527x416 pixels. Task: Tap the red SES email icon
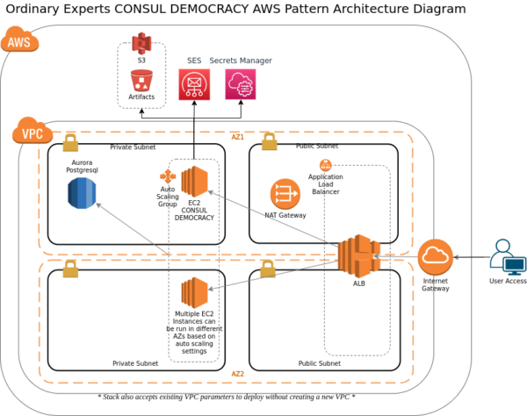pyautogui.click(x=194, y=85)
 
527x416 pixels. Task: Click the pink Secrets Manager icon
pyautogui.click(x=240, y=85)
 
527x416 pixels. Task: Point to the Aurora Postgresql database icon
pyautogui.click(x=82, y=192)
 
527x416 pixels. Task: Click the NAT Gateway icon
pyautogui.click(x=285, y=193)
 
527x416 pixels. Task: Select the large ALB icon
pyautogui.click(x=358, y=256)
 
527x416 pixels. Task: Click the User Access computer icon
pyautogui.click(x=508, y=256)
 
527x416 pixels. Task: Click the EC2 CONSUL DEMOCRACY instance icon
pyautogui.click(x=194, y=182)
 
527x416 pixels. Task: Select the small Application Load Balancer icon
pyautogui.click(x=325, y=165)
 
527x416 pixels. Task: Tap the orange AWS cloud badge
pyautogui.click(x=18, y=40)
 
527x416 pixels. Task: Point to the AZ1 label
pyautogui.click(x=237, y=137)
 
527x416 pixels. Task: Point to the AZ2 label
pyautogui.click(x=237, y=374)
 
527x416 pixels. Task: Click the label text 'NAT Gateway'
pyautogui.click(x=285, y=215)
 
